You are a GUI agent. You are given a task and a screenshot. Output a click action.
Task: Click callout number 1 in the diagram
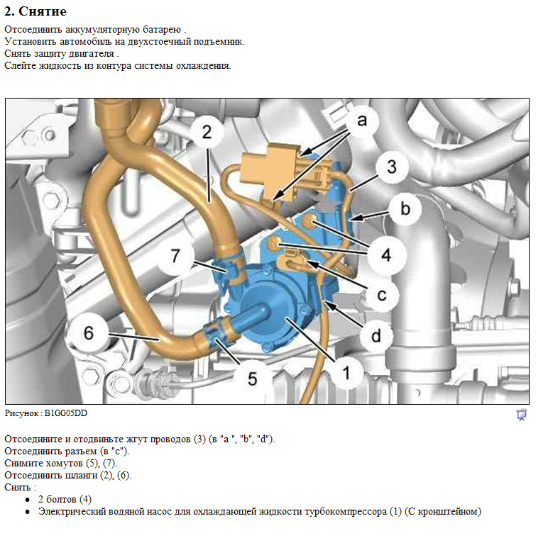(346, 373)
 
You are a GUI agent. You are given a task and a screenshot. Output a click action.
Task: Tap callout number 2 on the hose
(207, 132)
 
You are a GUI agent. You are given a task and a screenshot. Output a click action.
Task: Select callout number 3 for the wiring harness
(392, 167)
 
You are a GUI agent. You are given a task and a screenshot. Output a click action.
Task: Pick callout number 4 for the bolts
(386, 254)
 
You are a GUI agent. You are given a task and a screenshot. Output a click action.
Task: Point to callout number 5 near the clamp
(252, 379)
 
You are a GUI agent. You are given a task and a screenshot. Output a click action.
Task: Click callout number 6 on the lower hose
(89, 332)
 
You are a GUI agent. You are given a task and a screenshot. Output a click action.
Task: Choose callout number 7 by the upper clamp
(175, 255)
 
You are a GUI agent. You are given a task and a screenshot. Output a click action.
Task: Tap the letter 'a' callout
(362, 121)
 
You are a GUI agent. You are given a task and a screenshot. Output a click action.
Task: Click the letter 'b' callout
(405, 208)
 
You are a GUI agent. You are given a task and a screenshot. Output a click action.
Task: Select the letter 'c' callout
(382, 295)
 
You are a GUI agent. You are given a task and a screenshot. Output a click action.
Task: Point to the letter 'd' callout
(376, 336)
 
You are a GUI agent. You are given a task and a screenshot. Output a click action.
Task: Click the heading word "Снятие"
(43, 11)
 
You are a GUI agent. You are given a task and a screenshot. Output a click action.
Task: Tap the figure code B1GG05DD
(66, 413)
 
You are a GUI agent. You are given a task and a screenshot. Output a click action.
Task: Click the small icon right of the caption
(522, 415)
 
